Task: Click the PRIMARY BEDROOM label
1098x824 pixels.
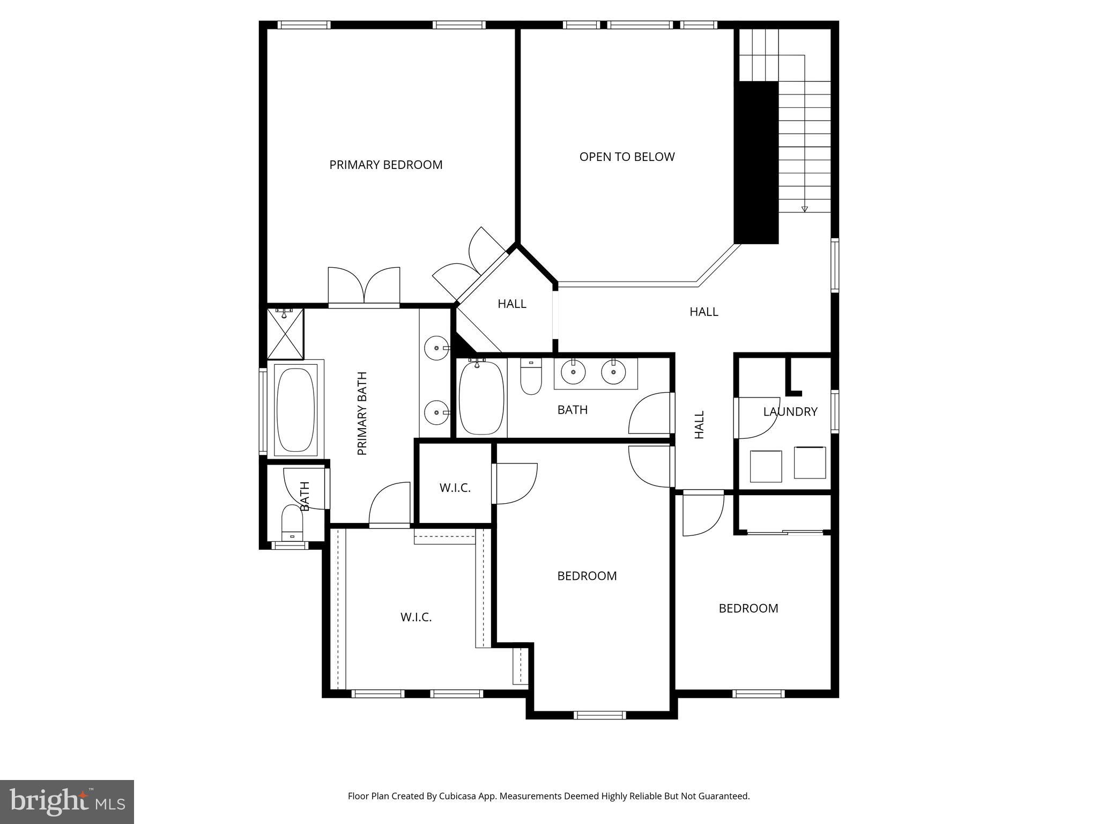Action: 385,165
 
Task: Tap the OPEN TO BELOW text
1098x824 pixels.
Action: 627,157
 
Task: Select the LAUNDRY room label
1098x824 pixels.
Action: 790,411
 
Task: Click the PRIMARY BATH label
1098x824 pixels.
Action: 362,413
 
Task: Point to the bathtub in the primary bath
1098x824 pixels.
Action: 295,409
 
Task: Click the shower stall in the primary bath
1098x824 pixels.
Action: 285,334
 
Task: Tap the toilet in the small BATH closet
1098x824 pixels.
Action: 292,523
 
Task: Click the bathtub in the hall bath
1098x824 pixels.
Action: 481,398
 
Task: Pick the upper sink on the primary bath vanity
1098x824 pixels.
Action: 436,348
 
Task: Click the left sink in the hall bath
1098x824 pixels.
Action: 573,372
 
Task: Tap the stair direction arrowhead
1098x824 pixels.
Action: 804,209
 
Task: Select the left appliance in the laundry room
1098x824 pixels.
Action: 766,466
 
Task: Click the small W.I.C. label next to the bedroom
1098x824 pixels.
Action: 455,488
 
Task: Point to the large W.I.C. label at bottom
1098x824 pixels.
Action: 416,617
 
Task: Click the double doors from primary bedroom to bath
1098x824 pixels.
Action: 364,287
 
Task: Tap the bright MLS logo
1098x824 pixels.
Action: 67,801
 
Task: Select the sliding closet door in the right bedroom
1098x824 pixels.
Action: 785,532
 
